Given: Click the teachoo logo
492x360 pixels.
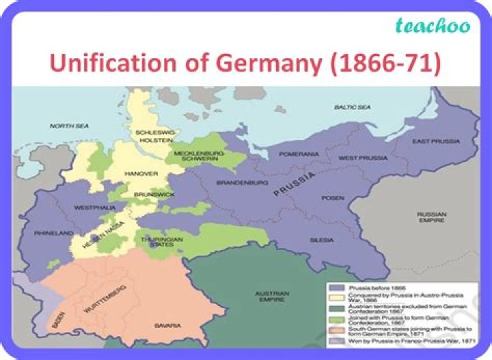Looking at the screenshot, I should click(x=433, y=27).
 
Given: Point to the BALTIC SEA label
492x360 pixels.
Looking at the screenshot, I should click(x=353, y=108).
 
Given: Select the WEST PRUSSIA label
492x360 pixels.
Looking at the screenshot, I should click(x=363, y=158).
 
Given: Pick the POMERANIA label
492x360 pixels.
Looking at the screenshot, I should click(x=299, y=154).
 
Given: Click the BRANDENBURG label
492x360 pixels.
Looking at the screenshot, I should click(x=241, y=183).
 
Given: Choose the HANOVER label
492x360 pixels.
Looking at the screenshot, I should click(x=141, y=174).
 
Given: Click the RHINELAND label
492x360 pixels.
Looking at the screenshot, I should click(x=54, y=234).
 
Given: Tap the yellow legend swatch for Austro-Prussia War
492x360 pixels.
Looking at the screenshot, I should click(x=335, y=297).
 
